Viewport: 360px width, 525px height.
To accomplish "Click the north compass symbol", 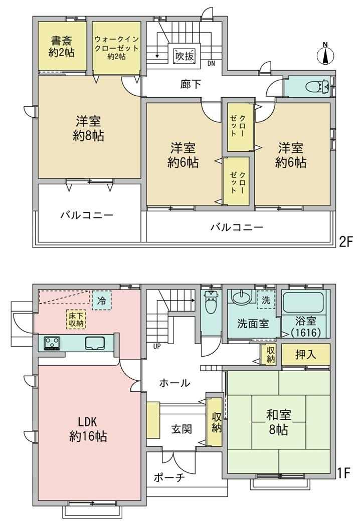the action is coord(325,54).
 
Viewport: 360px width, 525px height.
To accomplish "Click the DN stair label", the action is coord(211,63).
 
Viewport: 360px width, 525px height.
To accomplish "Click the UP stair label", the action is coord(157,347).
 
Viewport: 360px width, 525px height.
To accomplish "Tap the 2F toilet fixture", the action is coord(317,87).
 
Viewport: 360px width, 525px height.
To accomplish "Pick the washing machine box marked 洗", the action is coord(266,300).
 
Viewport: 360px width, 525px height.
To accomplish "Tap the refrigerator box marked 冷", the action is coord(102,301).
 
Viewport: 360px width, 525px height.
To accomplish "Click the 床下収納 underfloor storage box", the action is coord(76,320).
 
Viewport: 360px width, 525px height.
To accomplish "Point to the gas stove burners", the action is coord(52,343).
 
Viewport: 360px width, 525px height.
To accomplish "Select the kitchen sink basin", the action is coord(95,343).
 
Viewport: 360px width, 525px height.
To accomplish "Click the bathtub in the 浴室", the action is coord(303,302).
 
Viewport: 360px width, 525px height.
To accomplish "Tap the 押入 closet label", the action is coord(306,355).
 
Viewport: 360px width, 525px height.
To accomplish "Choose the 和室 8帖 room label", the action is coord(279,422).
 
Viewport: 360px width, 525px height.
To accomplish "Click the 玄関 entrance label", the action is coord(182,429).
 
